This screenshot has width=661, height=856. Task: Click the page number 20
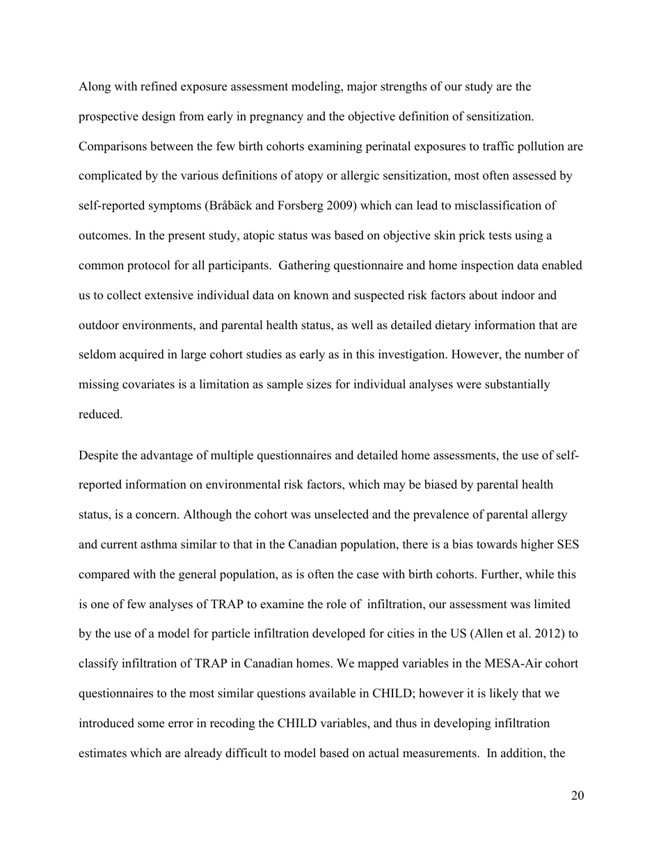click(x=577, y=796)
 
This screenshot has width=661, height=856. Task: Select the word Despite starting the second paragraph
click(x=98, y=456)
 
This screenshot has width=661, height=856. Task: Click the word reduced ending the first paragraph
click(x=99, y=414)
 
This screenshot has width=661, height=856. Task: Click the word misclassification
click(x=493, y=206)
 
